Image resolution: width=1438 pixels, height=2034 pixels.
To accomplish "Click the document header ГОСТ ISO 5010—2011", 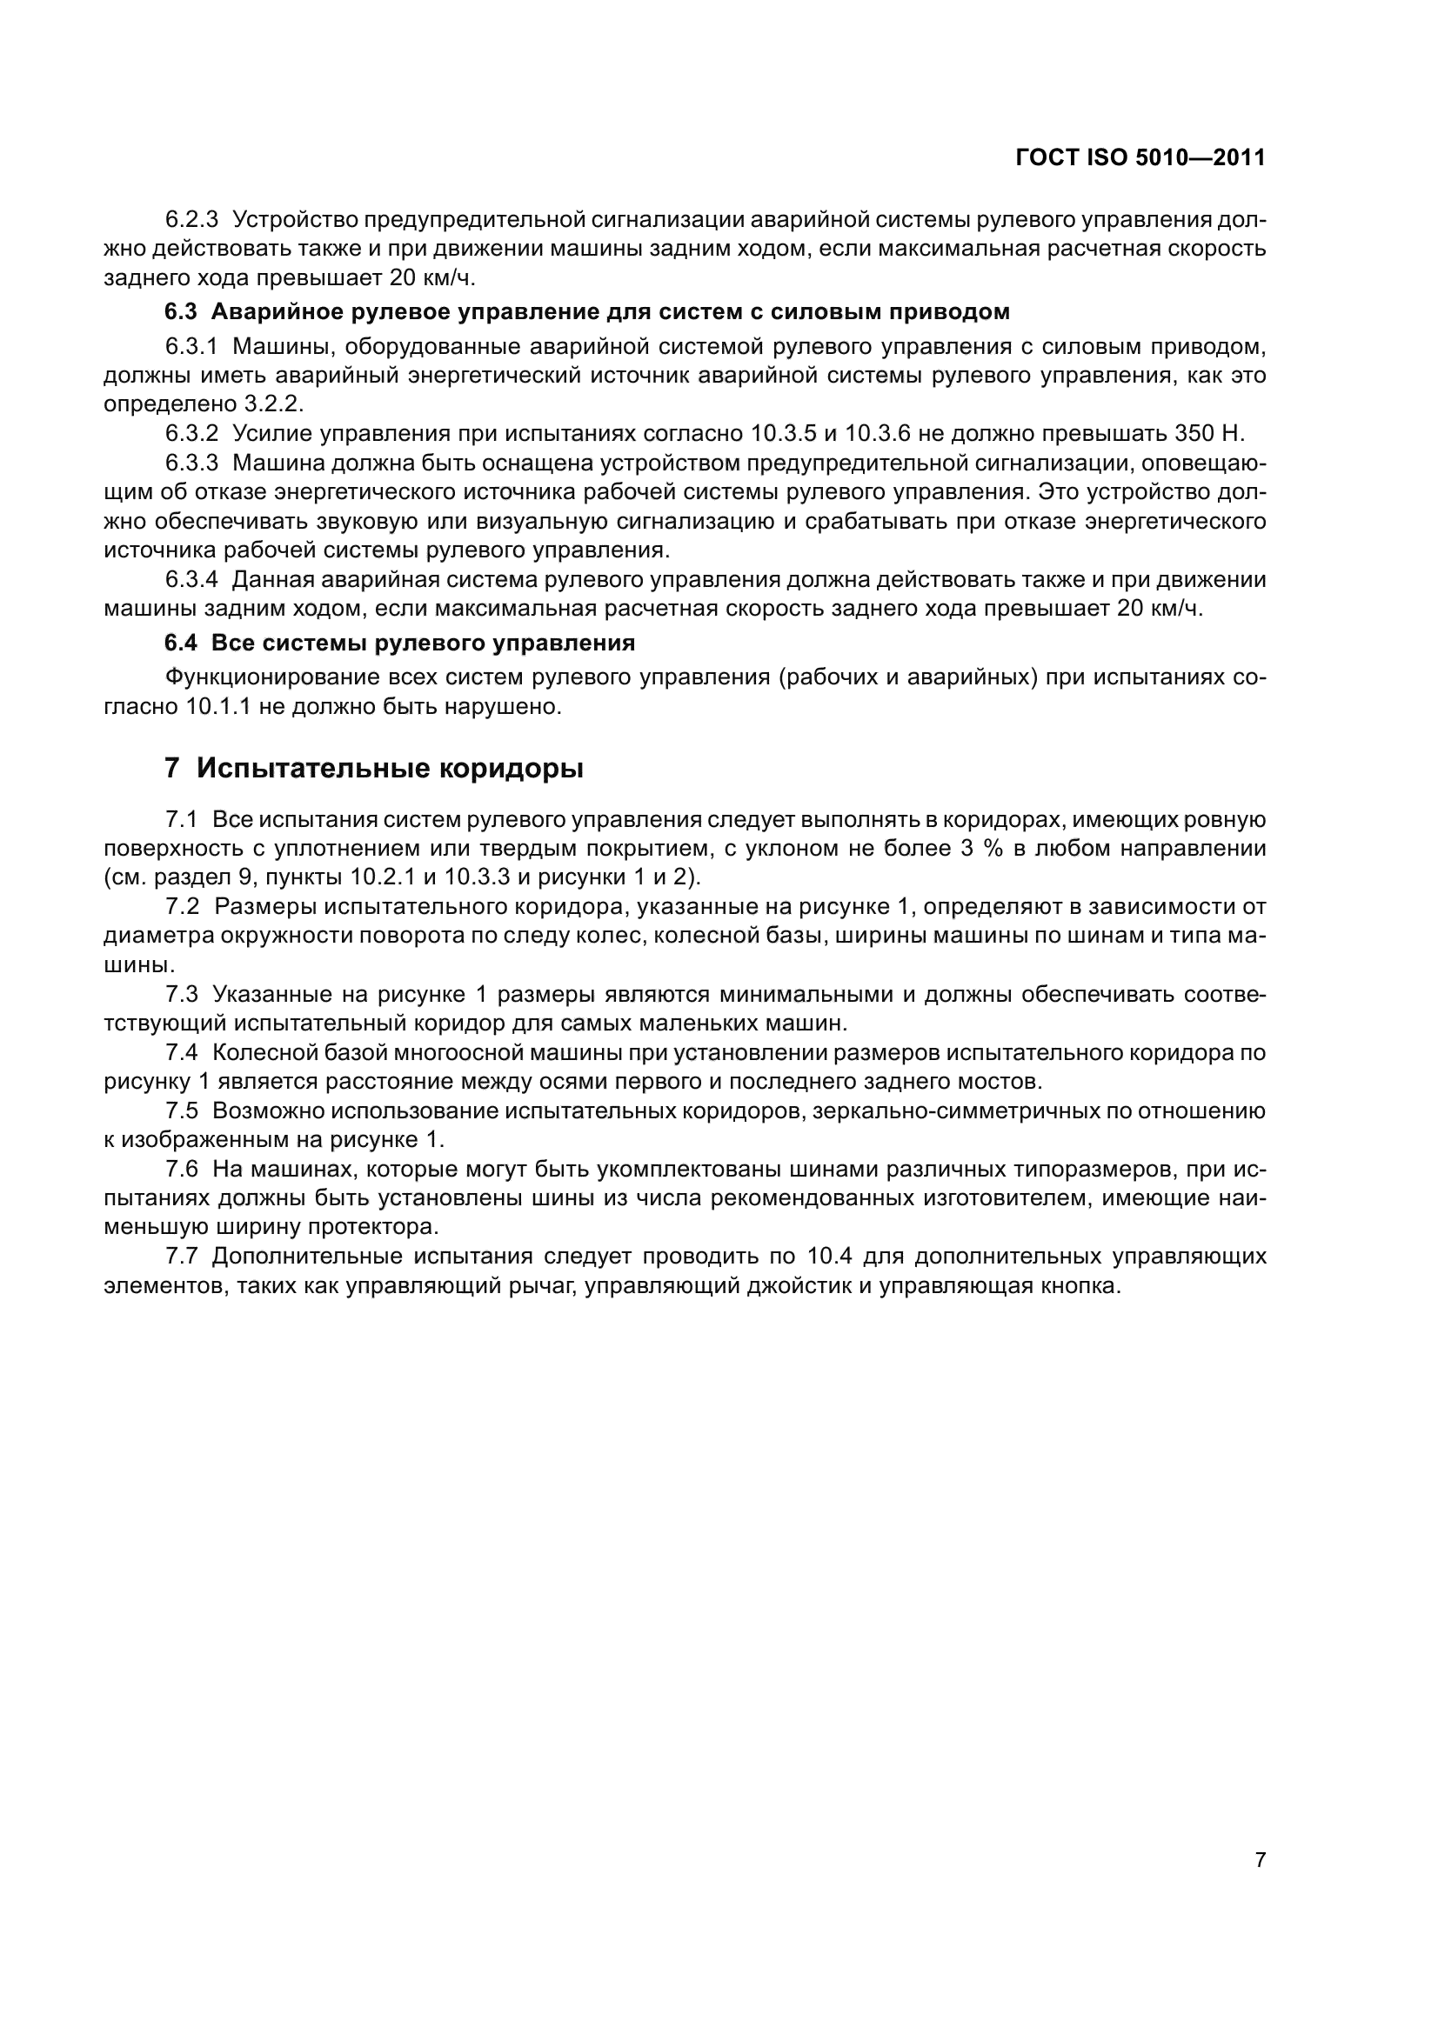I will tap(1140, 158).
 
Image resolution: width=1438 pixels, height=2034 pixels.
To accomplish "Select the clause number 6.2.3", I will tap(191, 219).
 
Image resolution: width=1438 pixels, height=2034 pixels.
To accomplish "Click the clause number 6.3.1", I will tap(191, 346).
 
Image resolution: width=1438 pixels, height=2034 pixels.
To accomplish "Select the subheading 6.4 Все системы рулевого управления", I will tap(399, 643).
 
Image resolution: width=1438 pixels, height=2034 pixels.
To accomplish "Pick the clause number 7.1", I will tap(182, 819).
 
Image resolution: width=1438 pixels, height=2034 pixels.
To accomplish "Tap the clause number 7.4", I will tap(182, 1052).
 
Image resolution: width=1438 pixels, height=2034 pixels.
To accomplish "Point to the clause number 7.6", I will tap(182, 1170).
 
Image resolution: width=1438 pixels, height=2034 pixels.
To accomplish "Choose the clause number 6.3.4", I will tap(191, 580).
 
